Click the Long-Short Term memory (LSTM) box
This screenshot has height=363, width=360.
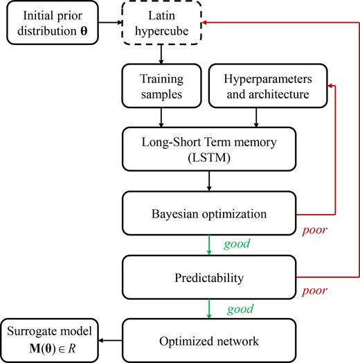(209, 148)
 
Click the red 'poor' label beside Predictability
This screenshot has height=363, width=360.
(312, 290)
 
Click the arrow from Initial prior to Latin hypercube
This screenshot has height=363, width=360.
(109, 24)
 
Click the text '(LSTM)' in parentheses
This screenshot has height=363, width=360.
(209, 157)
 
